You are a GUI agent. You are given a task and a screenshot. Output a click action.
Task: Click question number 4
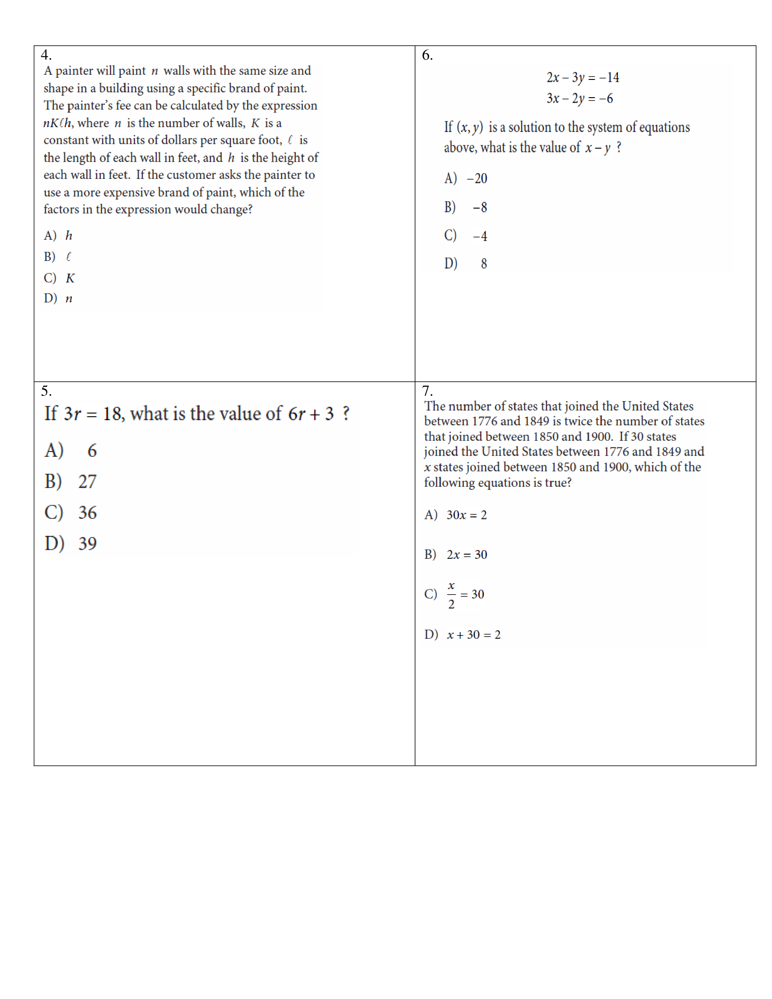pos(46,55)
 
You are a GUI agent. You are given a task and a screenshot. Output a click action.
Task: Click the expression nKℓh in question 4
pos(57,123)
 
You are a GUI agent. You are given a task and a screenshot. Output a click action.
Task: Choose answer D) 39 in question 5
pos(71,543)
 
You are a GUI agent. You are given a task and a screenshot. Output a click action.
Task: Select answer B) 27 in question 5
pos(71,482)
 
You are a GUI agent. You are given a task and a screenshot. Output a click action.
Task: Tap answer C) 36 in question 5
pos(71,512)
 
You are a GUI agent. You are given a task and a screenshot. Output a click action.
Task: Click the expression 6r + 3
pos(311,414)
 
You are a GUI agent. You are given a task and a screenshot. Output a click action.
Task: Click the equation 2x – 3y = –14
pos(583,77)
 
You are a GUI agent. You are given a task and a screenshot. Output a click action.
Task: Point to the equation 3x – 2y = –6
pos(579,98)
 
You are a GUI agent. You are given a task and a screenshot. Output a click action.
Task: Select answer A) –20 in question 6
pos(466,178)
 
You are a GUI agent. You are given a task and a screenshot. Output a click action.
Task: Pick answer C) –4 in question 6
pos(466,236)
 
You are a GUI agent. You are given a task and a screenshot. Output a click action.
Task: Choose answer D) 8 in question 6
pos(466,263)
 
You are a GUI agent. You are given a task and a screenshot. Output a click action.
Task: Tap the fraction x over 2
pos(451,595)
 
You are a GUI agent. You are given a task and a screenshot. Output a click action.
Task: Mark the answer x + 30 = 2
pos(473,635)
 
